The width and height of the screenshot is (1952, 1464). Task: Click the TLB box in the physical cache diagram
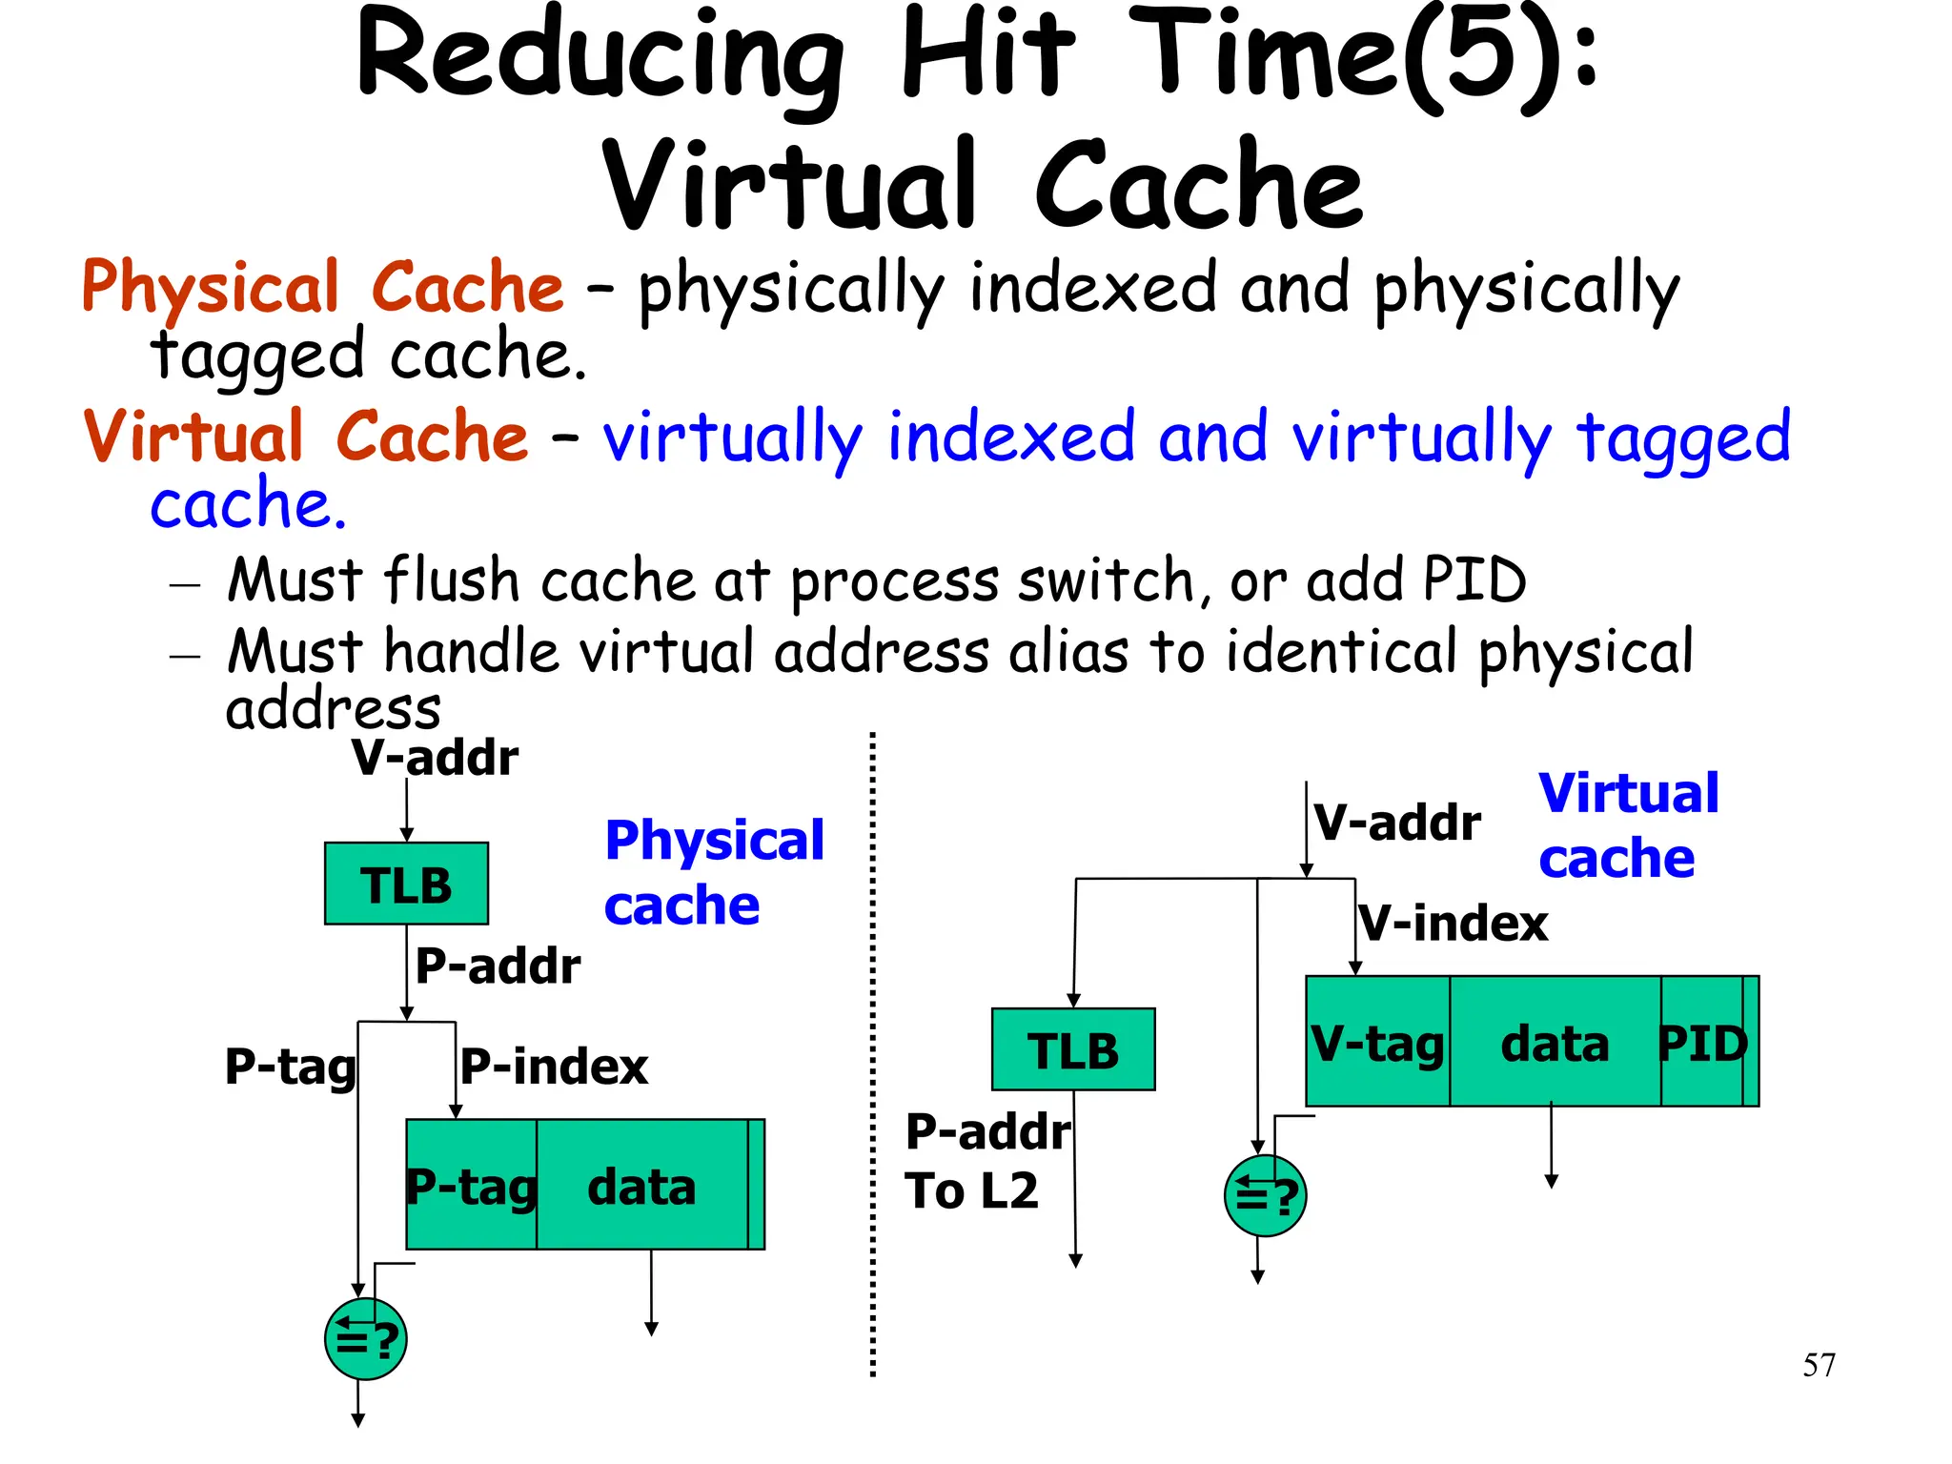(406, 884)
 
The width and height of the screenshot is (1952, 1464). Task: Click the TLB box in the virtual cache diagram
(1073, 1049)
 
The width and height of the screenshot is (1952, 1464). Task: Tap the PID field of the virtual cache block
(1702, 1043)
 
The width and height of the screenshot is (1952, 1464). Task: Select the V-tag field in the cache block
(1377, 1043)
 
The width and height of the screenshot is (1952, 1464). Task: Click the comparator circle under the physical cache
(365, 1339)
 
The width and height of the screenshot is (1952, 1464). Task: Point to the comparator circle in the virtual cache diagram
(1265, 1195)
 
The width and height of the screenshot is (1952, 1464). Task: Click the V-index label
(1454, 924)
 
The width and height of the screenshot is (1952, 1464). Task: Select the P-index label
(554, 1067)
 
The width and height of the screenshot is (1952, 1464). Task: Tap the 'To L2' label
(971, 1191)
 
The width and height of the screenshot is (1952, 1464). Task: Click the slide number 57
(1819, 1365)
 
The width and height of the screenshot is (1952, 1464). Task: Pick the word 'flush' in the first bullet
(451, 580)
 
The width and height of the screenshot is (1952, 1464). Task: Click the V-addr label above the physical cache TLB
(435, 759)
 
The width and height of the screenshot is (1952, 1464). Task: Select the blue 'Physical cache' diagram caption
(713, 872)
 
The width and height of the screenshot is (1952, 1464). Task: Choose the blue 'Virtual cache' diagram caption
(1628, 825)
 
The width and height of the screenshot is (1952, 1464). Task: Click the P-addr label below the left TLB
(498, 966)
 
